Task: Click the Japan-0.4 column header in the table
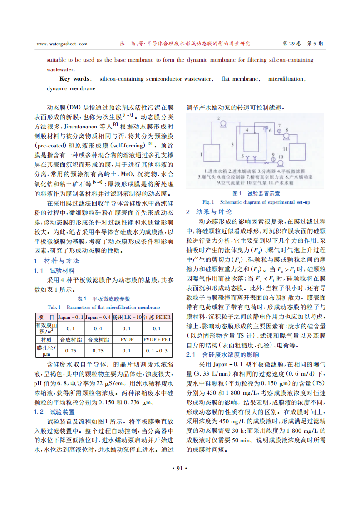point(98,317)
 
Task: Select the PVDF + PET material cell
point(157,339)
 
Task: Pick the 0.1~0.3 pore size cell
point(157,351)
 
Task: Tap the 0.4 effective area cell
point(98,328)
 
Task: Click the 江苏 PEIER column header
point(157,317)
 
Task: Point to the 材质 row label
point(46,339)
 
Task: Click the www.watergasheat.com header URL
point(61,44)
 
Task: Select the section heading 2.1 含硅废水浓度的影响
point(222,355)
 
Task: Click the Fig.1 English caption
point(256,202)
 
